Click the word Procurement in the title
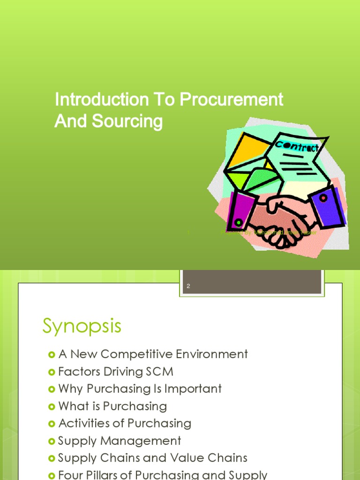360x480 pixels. [232, 99]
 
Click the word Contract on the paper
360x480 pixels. [297, 146]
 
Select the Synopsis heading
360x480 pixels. [82, 325]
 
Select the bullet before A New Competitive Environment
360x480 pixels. [52, 354]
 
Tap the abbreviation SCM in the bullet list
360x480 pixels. [159, 372]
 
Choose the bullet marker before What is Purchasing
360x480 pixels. [52, 406]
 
